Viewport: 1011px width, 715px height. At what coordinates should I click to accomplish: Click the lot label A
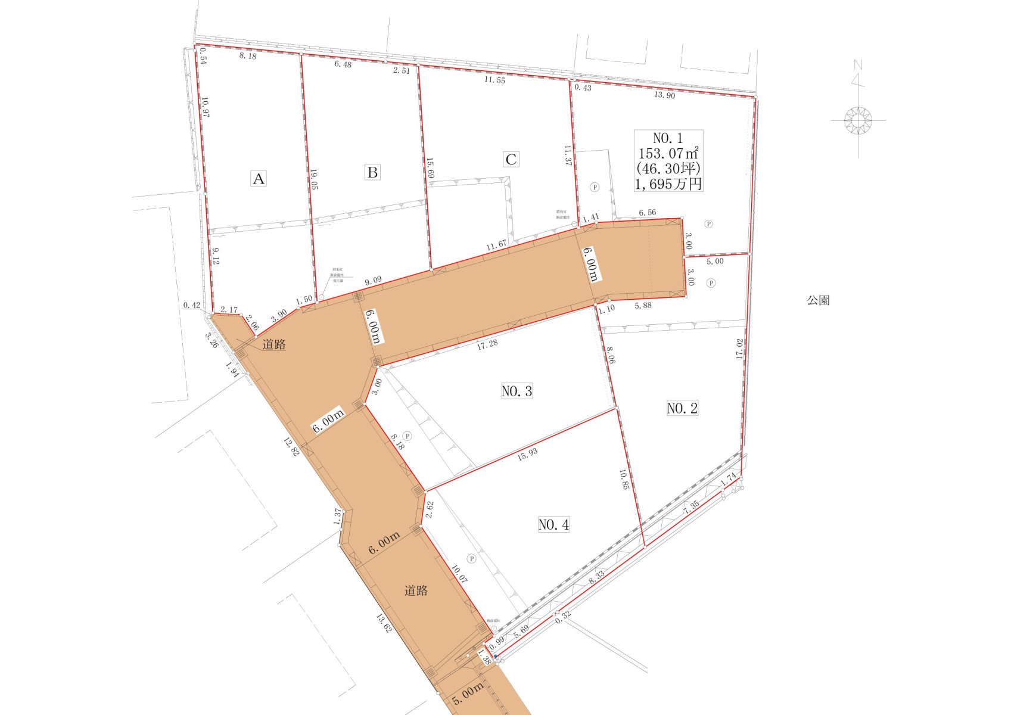pyautogui.click(x=259, y=179)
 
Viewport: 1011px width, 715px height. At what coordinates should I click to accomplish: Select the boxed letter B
pyautogui.click(x=372, y=172)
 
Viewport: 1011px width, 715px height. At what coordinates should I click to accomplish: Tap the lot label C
pyautogui.click(x=511, y=159)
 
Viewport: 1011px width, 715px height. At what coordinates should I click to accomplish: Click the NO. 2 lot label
pyautogui.click(x=682, y=408)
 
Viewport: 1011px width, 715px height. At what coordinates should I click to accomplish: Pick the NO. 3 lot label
pyautogui.click(x=517, y=391)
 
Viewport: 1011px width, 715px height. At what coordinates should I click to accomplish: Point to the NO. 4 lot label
pyautogui.click(x=553, y=524)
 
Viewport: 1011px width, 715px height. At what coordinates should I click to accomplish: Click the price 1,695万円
pyautogui.click(x=668, y=184)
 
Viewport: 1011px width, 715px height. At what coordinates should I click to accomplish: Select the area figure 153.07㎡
pyautogui.click(x=668, y=153)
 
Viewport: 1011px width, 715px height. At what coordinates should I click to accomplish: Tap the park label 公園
pyautogui.click(x=818, y=300)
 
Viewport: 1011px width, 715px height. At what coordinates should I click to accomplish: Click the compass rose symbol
pyautogui.click(x=858, y=120)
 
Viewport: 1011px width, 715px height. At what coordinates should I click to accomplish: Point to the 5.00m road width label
pyautogui.click(x=468, y=694)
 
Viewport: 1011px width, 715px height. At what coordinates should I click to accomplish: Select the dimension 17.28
pyautogui.click(x=487, y=344)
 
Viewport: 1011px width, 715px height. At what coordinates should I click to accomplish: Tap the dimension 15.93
pyautogui.click(x=527, y=454)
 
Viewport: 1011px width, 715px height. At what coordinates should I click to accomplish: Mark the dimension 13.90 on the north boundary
pyautogui.click(x=664, y=95)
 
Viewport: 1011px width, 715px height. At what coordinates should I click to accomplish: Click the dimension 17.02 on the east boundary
pyautogui.click(x=740, y=349)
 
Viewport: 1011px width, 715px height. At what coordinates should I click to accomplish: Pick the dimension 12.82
pyautogui.click(x=291, y=447)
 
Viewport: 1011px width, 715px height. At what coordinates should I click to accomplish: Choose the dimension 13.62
pyautogui.click(x=384, y=623)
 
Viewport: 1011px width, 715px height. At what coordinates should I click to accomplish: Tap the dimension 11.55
pyautogui.click(x=494, y=80)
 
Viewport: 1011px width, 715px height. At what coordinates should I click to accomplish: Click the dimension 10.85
pyautogui.click(x=624, y=480)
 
